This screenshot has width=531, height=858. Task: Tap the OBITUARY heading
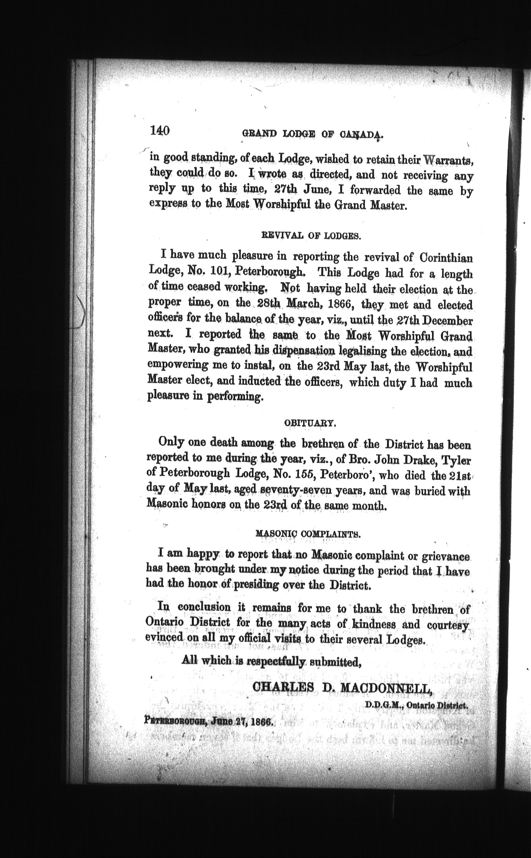310,424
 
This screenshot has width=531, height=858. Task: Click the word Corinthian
446,258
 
